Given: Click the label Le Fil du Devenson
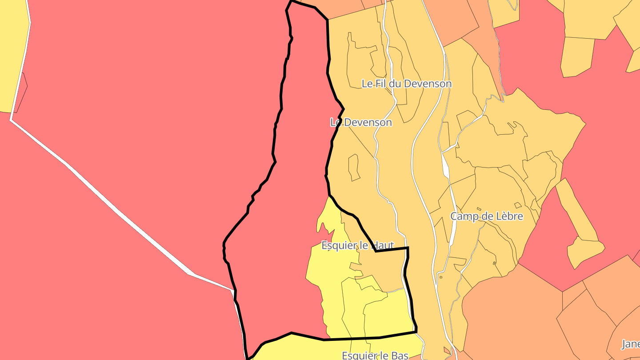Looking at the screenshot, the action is click(x=406, y=84).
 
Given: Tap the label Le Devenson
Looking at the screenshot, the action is click(x=361, y=122).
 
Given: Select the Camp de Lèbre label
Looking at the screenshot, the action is click(x=487, y=216).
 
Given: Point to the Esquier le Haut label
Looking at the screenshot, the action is click(x=358, y=245).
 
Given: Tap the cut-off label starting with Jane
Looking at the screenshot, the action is click(x=630, y=344).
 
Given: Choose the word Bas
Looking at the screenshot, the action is click(x=400, y=355).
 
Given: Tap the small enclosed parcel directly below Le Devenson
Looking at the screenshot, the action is click(x=354, y=168).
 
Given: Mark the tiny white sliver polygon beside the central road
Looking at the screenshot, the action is click(x=446, y=164).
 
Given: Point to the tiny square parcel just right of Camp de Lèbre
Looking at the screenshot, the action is click(x=517, y=205).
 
